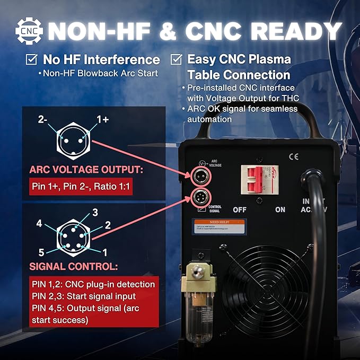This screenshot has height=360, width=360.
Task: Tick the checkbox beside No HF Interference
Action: click(x=33, y=59)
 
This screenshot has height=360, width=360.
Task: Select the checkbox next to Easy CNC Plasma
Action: click(x=177, y=59)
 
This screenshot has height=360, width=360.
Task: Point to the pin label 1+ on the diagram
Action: click(x=103, y=120)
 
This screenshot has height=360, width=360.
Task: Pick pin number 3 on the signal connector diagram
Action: click(x=95, y=213)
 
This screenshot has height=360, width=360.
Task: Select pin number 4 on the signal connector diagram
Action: click(x=39, y=224)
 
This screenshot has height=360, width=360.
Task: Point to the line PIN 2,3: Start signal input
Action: click(x=83, y=296)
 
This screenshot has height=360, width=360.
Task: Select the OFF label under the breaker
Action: click(x=240, y=209)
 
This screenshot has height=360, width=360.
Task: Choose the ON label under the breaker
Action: click(x=280, y=209)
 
